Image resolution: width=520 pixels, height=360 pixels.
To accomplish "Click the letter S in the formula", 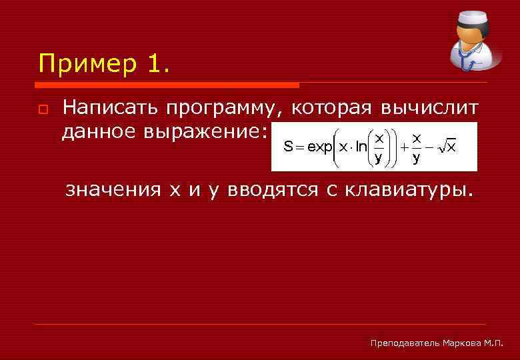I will click(288, 147).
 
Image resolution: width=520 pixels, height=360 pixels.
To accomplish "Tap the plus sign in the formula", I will click(404, 147).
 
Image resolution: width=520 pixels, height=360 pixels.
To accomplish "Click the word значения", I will click(113, 191).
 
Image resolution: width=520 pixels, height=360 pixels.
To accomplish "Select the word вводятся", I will click(273, 191).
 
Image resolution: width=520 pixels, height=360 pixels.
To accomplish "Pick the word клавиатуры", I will click(409, 191).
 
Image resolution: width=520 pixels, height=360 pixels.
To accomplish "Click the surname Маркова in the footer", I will click(463, 343).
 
